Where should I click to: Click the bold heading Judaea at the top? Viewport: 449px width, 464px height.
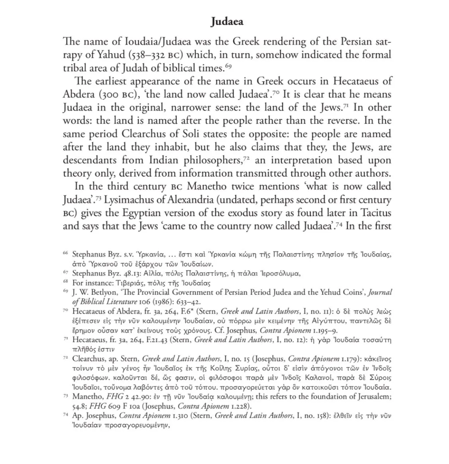(x=227, y=21)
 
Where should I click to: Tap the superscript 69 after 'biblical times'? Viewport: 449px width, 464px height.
(x=228, y=66)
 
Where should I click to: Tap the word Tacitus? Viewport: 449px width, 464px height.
(x=375, y=213)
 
